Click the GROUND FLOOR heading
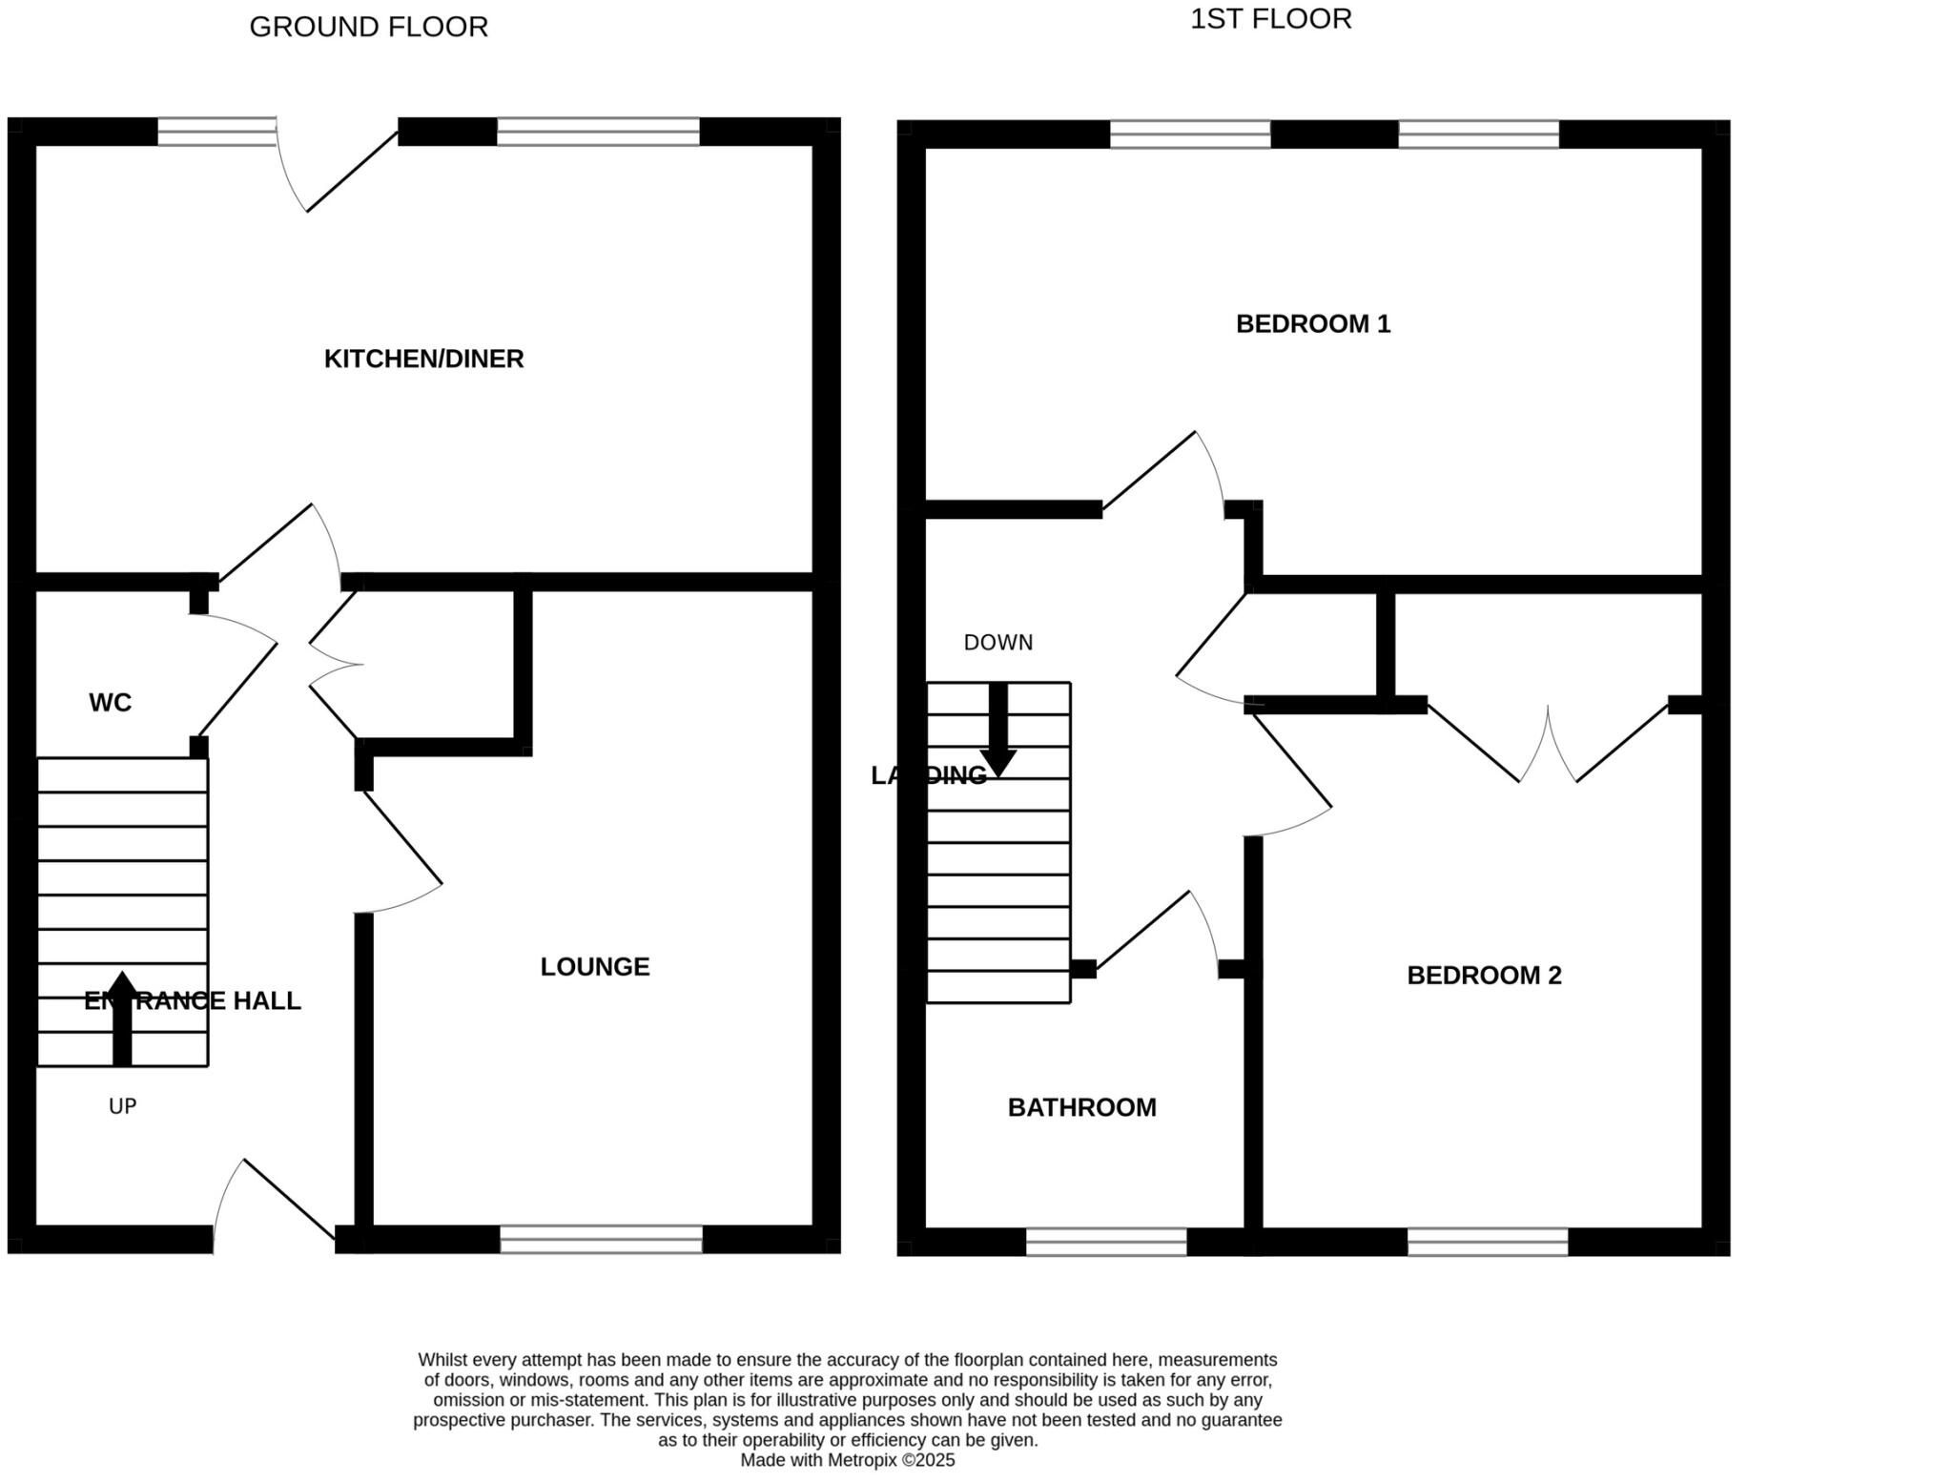tap(368, 27)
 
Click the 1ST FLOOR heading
tap(1270, 19)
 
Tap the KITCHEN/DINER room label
tap(423, 359)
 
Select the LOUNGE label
tap(594, 967)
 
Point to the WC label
tap(110, 703)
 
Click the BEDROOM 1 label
tap(1312, 324)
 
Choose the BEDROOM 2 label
tap(1484, 976)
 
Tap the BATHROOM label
tap(1081, 1107)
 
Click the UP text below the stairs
tap(122, 1106)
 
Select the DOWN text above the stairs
tap(997, 643)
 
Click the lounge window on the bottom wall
tap(601, 1239)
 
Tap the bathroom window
tap(1105, 1242)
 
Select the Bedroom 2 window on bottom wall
tap(1487, 1242)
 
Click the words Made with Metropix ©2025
tap(847, 1460)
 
